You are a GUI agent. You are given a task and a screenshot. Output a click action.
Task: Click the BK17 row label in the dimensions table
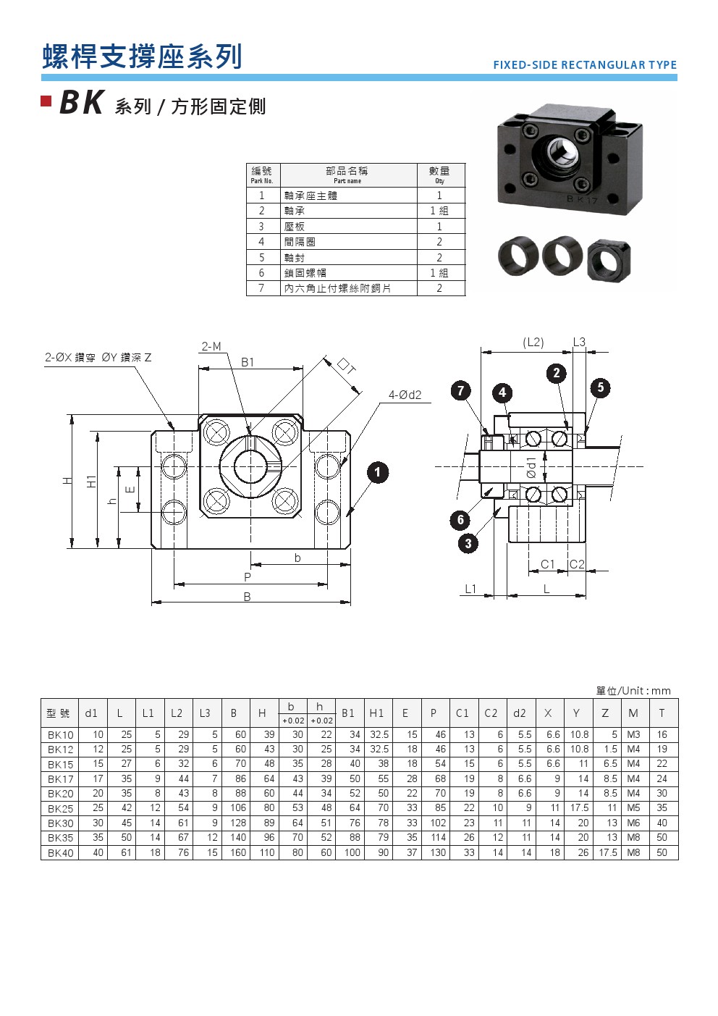point(61,779)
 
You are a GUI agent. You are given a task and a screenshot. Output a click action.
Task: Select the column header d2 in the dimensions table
point(519,713)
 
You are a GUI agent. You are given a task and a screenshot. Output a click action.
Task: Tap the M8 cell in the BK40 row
point(633,853)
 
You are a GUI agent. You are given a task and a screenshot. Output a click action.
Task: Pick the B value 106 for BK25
point(237,808)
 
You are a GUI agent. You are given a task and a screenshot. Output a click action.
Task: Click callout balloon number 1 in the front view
point(377,473)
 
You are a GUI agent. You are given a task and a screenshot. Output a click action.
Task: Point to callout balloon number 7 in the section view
point(460,391)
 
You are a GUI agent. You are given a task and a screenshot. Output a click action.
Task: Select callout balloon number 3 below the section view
point(468,543)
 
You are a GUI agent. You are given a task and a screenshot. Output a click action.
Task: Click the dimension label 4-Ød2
point(405,395)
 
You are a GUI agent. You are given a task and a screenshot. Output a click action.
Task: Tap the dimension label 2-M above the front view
point(211,346)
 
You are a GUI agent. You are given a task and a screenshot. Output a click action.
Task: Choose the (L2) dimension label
point(533,342)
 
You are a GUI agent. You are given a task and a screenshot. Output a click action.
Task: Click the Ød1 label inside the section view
point(531,467)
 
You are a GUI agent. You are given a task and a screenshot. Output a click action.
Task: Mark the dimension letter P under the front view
point(248,577)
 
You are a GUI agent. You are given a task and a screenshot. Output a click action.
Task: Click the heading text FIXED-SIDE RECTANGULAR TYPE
point(585,65)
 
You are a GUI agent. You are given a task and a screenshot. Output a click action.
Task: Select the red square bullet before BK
point(46,101)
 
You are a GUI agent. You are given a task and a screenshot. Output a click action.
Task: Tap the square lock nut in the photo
point(609,261)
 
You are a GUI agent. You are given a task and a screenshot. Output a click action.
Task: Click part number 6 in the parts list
point(261,273)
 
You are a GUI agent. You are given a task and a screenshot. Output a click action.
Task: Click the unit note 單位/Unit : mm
point(633,691)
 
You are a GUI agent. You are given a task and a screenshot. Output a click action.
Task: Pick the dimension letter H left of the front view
point(67,480)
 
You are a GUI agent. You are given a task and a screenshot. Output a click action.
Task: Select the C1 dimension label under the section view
point(548,564)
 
